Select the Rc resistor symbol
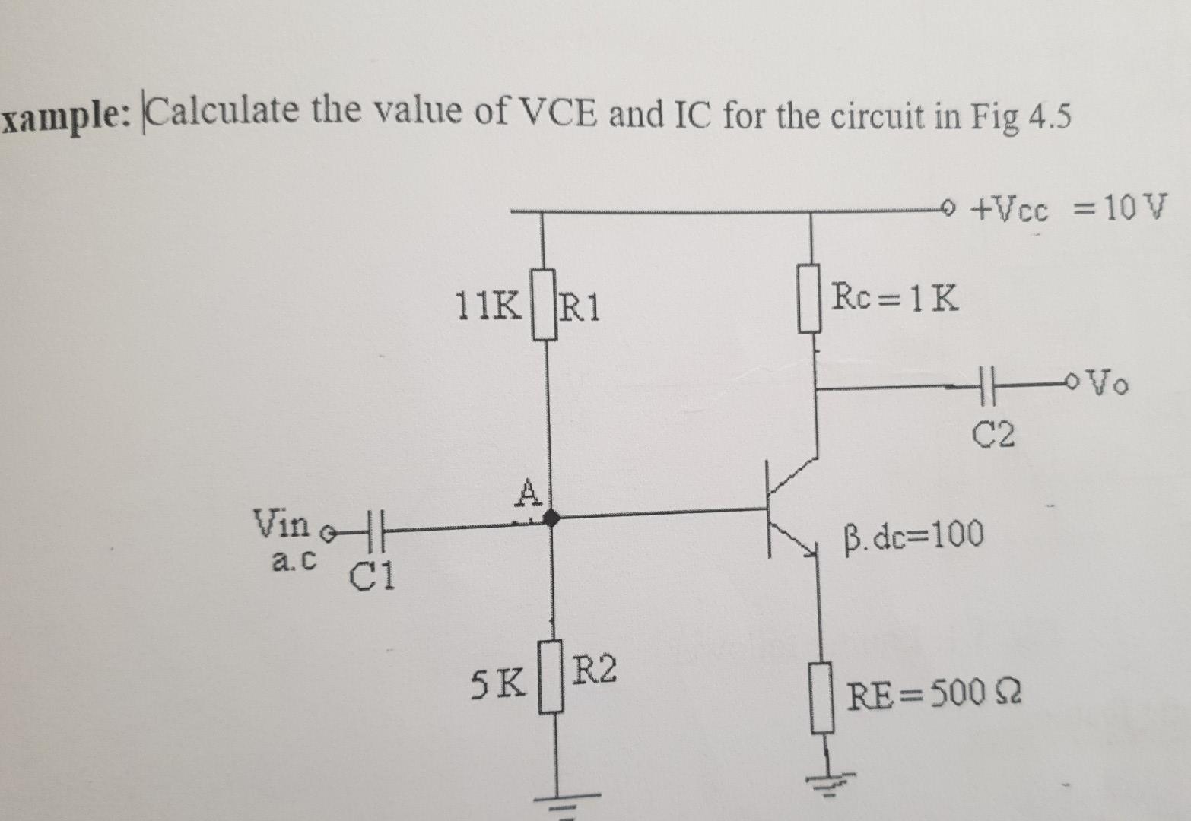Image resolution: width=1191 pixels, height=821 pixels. (809, 297)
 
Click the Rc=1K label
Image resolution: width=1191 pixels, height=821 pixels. (894, 297)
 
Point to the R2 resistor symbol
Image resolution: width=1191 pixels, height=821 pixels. (551, 677)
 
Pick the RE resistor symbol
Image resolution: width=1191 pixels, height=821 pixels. (820, 697)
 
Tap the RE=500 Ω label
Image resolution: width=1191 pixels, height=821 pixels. (935, 693)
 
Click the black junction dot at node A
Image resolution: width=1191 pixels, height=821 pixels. (551, 518)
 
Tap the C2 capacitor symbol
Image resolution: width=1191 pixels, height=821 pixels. (986, 387)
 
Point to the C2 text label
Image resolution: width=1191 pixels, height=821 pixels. (994, 435)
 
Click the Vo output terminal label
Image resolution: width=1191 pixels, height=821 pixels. (1110, 384)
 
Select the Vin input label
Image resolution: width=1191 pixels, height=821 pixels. (281, 523)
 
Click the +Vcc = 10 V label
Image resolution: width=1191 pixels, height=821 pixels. (1069, 208)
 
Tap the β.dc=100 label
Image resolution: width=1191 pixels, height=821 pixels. (913, 535)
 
